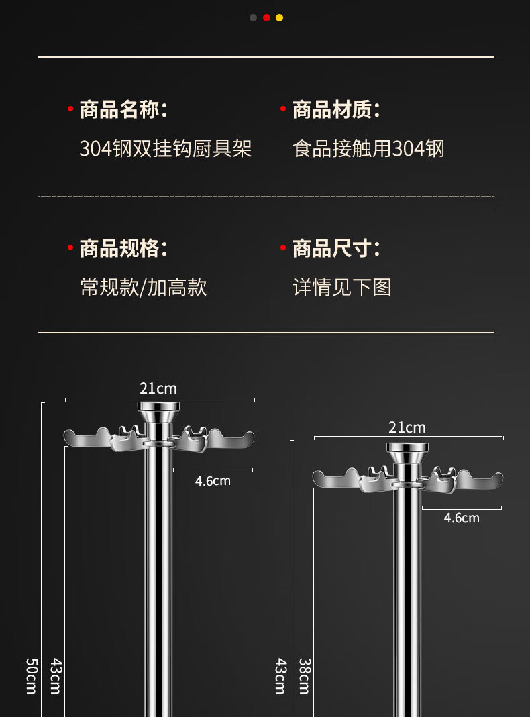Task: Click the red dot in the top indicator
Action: point(266,18)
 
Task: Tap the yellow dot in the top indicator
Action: point(280,18)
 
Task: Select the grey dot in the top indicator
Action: point(253,18)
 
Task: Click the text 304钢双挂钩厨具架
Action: point(166,148)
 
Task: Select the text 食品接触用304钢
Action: point(368,148)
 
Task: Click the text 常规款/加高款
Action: point(144,287)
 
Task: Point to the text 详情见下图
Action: point(342,287)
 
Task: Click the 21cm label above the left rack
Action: point(158,388)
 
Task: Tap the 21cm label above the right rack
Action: point(407,427)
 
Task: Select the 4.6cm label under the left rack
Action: point(213,481)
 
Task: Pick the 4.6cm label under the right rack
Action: point(462,518)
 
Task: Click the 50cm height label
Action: point(31,675)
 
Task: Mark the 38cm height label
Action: point(304,675)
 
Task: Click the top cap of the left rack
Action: point(159,407)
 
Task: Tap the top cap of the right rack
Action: point(407,447)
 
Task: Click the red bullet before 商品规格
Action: point(70,248)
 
